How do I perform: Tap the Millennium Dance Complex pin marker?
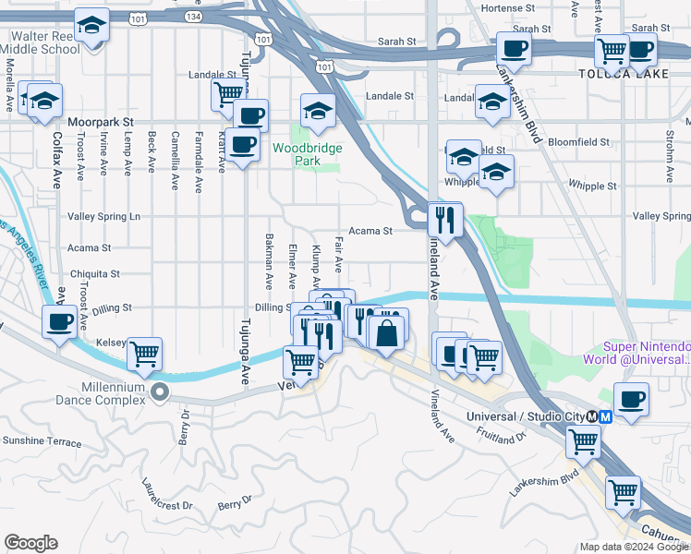(160, 393)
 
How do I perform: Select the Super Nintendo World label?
(636, 352)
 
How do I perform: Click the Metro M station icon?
(606, 416)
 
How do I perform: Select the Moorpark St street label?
(101, 121)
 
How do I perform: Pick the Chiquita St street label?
(94, 274)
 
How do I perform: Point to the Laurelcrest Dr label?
(167, 494)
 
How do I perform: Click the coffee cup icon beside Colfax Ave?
(60, 322)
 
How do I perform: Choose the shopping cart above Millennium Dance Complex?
(144, 353)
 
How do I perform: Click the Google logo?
(30, 543)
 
